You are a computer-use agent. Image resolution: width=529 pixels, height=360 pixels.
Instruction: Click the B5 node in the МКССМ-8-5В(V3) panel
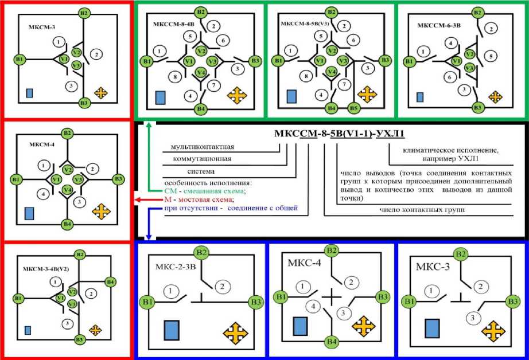353,107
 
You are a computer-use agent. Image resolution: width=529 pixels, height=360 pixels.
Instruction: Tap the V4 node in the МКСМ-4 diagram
68,190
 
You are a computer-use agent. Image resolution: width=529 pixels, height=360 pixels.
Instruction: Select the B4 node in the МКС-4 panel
331,342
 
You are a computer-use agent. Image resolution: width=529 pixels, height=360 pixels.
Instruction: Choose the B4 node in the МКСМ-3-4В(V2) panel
110,281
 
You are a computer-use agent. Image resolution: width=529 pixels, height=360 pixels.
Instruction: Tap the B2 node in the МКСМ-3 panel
84,13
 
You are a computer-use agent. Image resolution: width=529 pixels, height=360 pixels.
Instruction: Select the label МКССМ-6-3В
436,26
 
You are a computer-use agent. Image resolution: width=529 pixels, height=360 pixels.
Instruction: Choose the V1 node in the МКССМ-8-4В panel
188,61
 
